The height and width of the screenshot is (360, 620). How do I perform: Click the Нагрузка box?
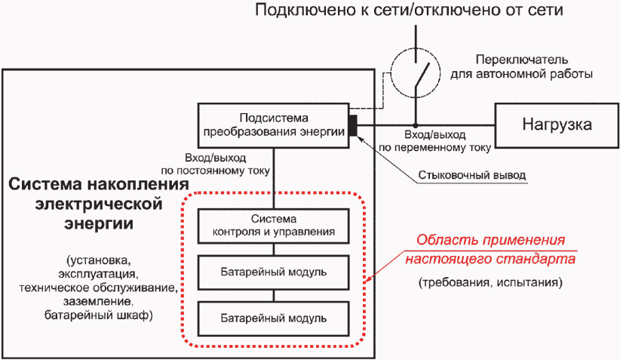(557, 126)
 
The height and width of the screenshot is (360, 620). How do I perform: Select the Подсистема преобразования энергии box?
(273, 126)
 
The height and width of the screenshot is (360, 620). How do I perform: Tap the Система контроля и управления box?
(273, 226)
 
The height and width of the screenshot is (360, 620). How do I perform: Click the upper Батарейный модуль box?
(273, 272)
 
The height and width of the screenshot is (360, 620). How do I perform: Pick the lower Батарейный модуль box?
(273, 318)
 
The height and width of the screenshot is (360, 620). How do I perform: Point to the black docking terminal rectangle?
(353, 125)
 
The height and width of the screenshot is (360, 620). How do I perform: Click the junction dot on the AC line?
(416, 125)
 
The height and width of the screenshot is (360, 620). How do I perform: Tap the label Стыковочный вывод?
(472, 175)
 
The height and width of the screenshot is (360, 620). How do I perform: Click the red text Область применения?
(491, 240)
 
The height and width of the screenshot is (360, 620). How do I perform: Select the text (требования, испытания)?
(490, 282)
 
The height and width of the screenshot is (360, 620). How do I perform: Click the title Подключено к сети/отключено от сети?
(409, 10)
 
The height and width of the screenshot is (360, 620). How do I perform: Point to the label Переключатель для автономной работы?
(521, 66)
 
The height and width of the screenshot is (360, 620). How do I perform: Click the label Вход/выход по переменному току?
(435, 141)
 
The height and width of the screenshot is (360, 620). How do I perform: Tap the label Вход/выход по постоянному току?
(216, 165)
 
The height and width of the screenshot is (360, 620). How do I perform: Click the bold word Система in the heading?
(45, 184)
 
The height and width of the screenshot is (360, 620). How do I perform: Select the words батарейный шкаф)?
(99, 315)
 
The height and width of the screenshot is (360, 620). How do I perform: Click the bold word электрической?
(99, 204)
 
